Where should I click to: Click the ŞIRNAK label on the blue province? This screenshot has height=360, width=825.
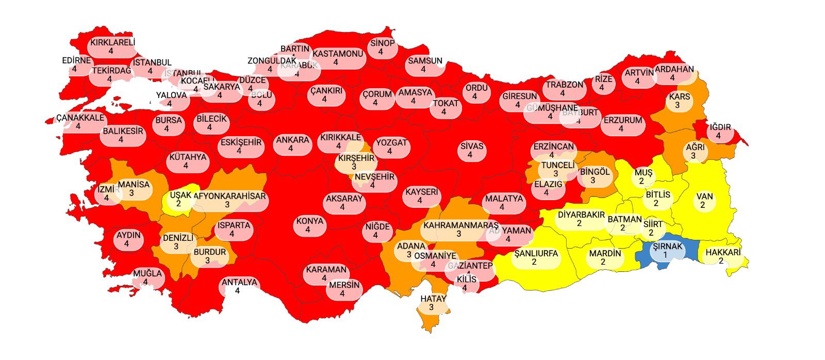tap(667, 247)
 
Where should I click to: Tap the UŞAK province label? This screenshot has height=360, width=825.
tap(180, 195)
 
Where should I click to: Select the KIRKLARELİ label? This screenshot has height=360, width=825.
tap(112, 42)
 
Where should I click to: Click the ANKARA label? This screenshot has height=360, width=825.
tap(292, 140)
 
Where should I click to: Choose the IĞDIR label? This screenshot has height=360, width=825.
tap(720, 127)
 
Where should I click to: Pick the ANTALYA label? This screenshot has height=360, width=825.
tap(239, 282)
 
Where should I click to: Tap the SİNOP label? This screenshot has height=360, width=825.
tap(382, 43)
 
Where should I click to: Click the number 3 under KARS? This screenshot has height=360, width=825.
tap(677, 105)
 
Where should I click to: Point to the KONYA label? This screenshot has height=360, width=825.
tap(309, 221)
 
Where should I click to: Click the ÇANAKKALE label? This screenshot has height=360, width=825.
tap(80, 118)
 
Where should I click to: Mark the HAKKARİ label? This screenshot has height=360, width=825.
tap(723, 252)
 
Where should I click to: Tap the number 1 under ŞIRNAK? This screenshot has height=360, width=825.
tap(665, 255)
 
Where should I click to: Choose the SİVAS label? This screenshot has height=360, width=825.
tap(472, 146)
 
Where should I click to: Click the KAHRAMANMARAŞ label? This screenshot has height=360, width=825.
tap(460, 225)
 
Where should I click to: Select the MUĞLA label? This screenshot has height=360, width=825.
tap(147, 273)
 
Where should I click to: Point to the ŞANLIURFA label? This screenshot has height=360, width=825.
tap(536, 253)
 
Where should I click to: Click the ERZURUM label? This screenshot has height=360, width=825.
tap(623, 120)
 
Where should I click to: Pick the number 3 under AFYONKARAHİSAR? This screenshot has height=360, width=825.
tap(227, 205)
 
